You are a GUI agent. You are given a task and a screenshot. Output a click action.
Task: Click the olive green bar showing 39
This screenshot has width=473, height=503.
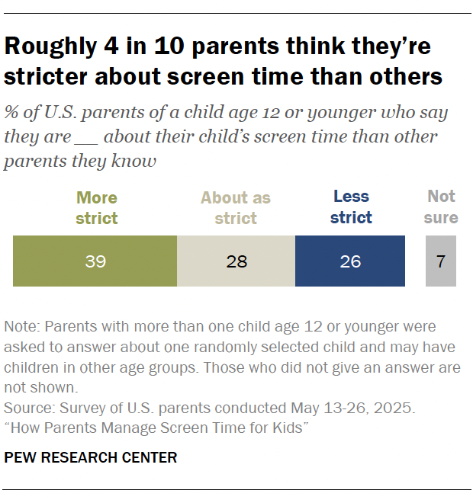click(95, 261)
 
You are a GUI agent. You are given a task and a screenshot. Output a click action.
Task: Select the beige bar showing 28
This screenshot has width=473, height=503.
click(236, 261)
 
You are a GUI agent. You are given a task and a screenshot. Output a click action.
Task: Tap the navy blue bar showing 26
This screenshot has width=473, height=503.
click(350, 261)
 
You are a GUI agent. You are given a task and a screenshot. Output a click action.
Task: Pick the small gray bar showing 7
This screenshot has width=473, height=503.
click(441, 261)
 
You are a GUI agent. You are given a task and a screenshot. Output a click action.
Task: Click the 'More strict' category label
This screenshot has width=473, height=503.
click(97, 208)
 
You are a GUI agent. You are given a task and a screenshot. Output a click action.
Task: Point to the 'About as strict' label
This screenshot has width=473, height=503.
click(236, 208)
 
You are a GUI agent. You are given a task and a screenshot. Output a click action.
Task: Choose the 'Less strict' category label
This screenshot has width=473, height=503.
click(352, 208)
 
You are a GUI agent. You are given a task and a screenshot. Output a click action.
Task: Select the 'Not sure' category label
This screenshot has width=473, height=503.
click(441, 208)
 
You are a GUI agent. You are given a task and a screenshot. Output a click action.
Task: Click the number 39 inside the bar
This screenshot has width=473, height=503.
click(95, 261)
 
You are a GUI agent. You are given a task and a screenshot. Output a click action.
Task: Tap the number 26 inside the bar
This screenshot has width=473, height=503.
click(350, 261)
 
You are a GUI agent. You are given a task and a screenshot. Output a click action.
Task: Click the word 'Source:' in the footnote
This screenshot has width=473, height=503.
click(29, 408)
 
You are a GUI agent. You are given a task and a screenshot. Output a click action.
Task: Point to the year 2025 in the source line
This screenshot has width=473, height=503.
click(395, 408)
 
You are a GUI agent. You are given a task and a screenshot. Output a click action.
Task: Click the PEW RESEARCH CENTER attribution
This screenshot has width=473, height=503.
click(91, 457)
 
